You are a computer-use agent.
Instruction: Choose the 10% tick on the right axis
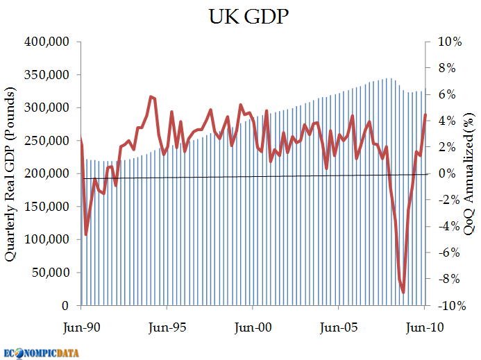(449, 42)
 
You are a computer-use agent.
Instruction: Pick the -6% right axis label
(449, 253)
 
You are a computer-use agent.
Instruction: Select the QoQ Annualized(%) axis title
(469, 173)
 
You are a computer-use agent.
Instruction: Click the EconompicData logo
(42, 352)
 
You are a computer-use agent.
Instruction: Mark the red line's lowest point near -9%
(403, 293)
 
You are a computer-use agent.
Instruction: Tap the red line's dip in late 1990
(86, 234)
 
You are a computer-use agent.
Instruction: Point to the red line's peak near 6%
(151, 96)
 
